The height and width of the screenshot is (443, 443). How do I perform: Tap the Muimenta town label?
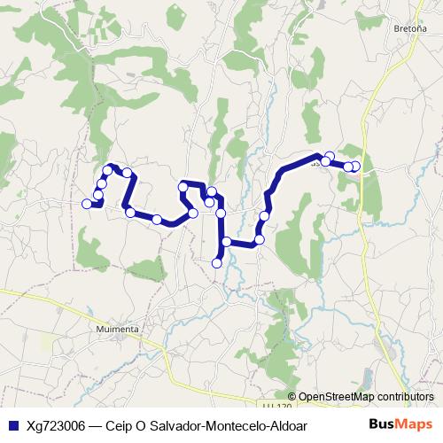click(113, 328)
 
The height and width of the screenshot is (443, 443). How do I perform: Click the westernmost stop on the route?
click(87, 204)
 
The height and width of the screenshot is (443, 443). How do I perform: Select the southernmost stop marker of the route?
click(217, 262)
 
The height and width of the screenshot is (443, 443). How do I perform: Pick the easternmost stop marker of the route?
click(356, 166)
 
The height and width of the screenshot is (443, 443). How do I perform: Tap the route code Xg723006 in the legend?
click(55, 424)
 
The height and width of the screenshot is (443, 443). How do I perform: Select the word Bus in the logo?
click(384, 424)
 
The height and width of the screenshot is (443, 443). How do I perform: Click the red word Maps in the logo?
click(416, 424)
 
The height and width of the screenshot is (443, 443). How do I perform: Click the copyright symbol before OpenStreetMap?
click(292, 396)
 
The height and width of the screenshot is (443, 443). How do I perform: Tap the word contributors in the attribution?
click(407, 396)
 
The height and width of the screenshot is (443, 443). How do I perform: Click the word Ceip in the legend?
click(120, 424)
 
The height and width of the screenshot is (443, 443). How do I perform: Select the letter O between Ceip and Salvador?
click(145, 424)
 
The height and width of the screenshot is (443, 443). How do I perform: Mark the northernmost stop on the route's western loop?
click(108, 169)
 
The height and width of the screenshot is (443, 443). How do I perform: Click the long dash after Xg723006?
click(94, 424)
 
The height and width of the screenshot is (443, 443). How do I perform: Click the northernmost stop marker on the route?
click(330, 157)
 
